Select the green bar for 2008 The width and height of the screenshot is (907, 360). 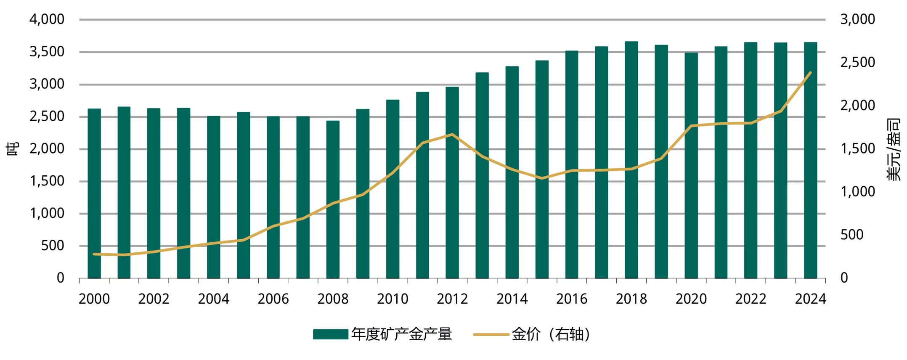333,200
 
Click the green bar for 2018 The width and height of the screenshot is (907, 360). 631,160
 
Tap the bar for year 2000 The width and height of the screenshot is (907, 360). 94,193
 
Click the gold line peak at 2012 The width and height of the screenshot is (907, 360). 452,135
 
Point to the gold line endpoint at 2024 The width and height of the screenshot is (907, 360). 810,73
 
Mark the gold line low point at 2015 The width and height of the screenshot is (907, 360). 542,178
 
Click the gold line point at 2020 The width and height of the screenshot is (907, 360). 691,126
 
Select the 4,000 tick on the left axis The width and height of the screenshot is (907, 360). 47,19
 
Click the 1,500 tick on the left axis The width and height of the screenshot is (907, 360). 47,181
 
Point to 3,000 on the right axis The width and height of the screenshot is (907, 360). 857,19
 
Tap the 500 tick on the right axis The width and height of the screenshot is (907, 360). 852,235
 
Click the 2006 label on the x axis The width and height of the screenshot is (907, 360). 273,299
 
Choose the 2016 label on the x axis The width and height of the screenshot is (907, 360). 571,299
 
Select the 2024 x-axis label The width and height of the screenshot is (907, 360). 810,299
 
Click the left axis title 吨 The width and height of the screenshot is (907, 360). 13,148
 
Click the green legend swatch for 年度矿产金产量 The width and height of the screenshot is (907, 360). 330,334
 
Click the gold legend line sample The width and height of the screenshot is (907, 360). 491,335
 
